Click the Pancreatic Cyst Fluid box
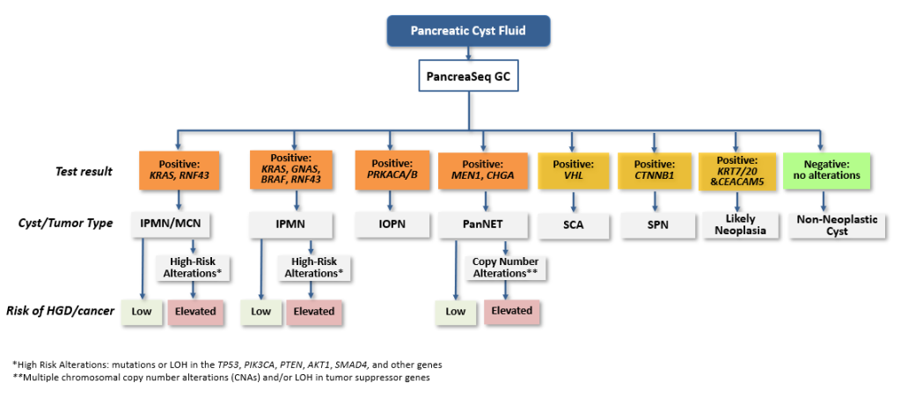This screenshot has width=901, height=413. point(468,31)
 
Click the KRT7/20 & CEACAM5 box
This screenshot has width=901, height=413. point(736,171)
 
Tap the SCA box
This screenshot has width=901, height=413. point(572,224)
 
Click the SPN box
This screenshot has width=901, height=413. point(654,224)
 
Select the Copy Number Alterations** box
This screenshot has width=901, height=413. point(505,268)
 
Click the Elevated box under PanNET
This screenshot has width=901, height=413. point(511,311)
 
